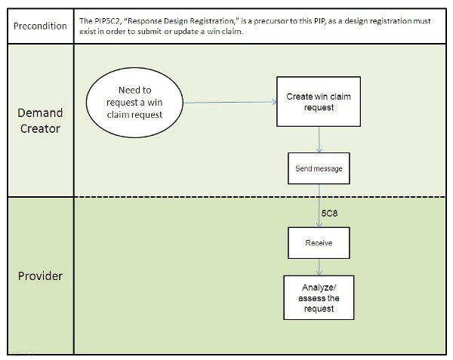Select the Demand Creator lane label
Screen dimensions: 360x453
click(40, 121)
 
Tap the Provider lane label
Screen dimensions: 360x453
click(40, 275)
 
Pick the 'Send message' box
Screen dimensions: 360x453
click(319, 169)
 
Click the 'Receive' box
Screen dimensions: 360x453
click(319, 244)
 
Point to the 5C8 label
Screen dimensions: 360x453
click(329, 214)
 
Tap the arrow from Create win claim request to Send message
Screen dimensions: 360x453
click(319, 139)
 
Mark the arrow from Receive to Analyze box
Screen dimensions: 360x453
click(319, 267)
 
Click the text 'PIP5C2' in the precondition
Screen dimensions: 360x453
click(108, 21)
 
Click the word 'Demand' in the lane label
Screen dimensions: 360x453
click(40, 112)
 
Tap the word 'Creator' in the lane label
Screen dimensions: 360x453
click(40, 129)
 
